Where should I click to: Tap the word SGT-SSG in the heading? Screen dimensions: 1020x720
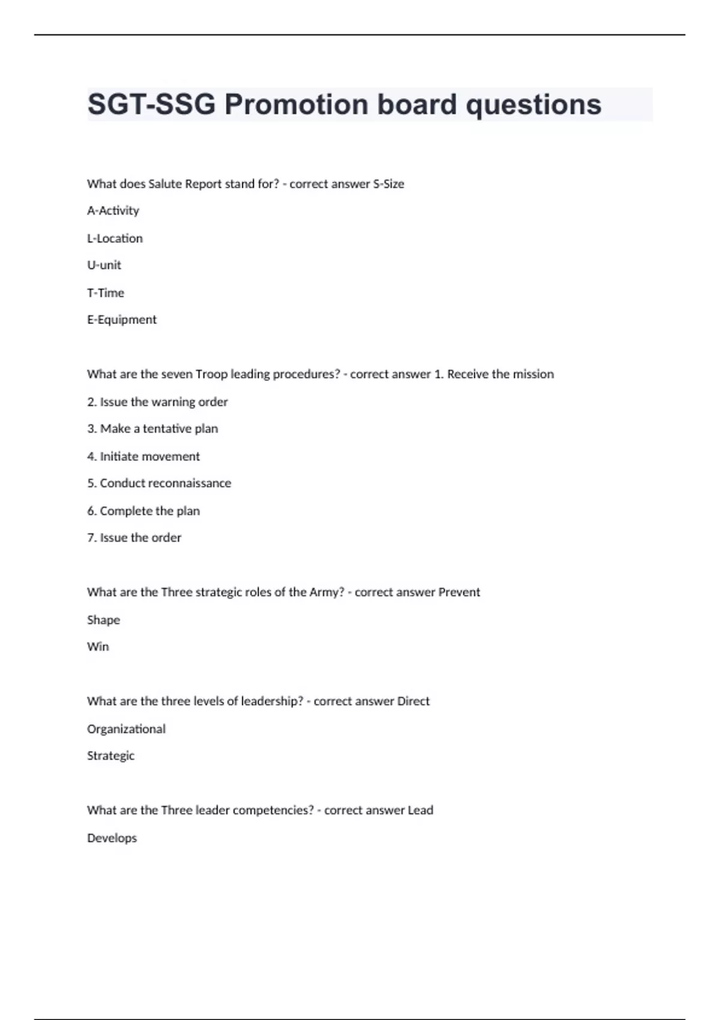(x=152, y=104)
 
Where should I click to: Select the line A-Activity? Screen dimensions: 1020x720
(x=113, y=211)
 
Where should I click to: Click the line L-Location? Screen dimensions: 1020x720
(x=115, y=238)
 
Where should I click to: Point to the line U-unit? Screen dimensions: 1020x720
(x=104, y=265)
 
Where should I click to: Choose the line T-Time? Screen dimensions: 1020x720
(x=106, y=293)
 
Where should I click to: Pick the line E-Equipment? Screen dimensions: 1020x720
(x=122, y=320)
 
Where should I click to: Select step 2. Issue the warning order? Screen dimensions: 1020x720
(x=157, y=401)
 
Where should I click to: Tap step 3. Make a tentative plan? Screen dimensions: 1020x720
(x=152, y=428)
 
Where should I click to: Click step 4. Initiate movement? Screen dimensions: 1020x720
(x=143, y=456)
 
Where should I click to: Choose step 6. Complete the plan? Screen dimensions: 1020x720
(x=143, y=511)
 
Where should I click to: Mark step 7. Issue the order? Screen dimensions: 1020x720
(x=134, y=538)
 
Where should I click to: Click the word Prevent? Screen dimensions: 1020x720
(x=459, y=592)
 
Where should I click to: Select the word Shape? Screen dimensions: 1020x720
(x=103, y=620)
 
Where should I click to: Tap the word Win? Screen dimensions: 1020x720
(x=98, y=647)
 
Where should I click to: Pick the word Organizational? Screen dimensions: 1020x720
(x=126, y=729)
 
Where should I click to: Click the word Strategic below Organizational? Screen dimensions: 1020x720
(x=110, y=756)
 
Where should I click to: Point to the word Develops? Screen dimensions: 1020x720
(x=112, y=838)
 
